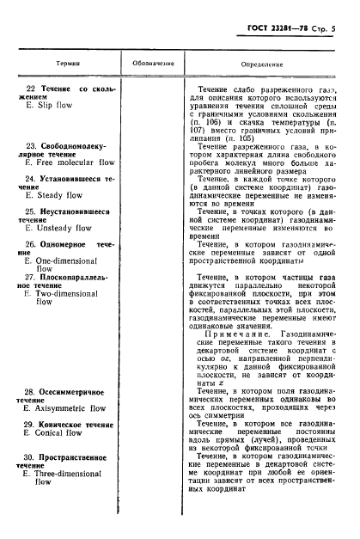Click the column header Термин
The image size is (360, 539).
56,64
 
